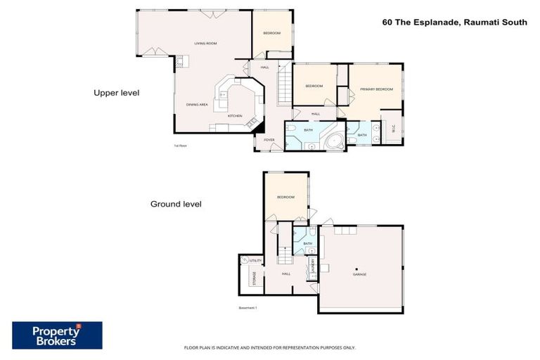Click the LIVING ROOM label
205,44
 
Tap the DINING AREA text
196,105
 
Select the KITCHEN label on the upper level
235,116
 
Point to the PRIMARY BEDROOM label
376,89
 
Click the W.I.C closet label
394,129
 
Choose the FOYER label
269,140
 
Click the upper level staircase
285,84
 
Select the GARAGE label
359,274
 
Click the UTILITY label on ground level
255,261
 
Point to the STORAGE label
245,278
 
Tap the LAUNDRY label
311,266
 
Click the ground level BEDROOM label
285,198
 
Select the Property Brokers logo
57,335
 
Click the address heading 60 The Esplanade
454,22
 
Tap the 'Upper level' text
117,92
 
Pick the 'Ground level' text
176,204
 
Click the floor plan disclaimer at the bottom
269,347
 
